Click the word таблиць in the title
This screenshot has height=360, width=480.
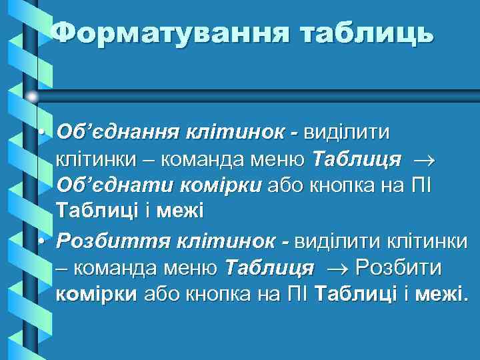(365, 33)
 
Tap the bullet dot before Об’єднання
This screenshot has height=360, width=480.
(41, 132)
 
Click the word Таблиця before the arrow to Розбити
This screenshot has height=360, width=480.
(269, 268)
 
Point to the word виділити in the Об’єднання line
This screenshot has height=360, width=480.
(347, 132)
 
